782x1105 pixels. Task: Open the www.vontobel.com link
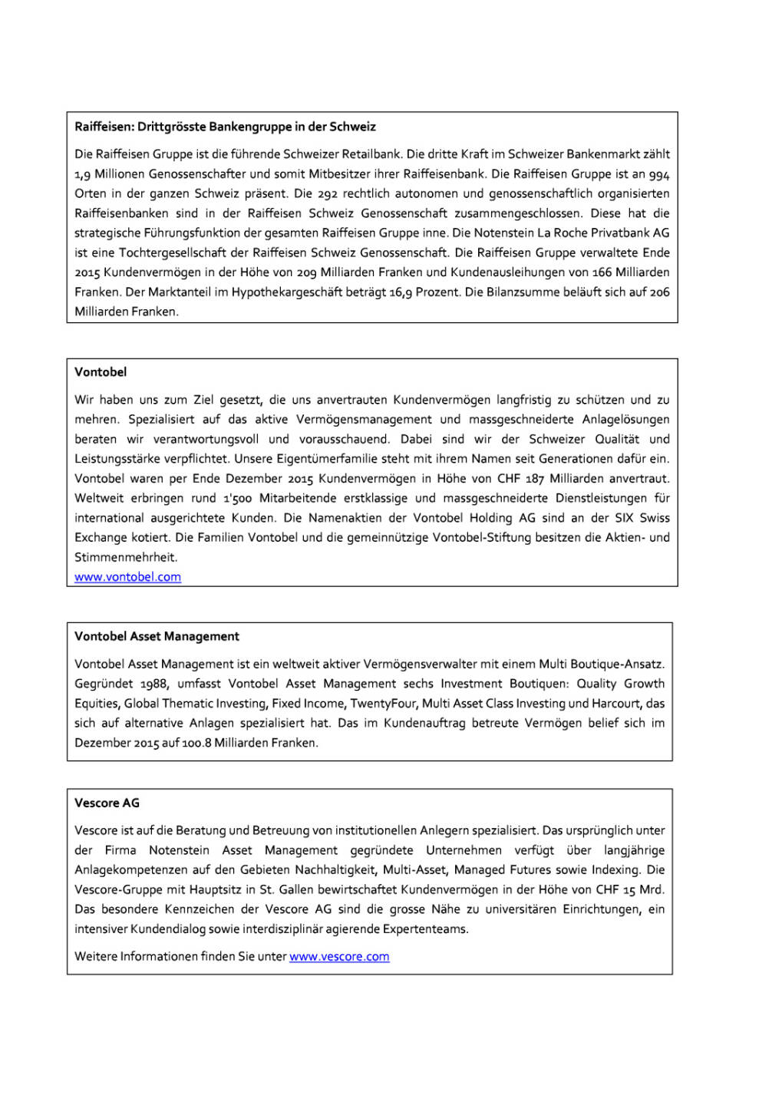pyautogui.click(x=127, y=577)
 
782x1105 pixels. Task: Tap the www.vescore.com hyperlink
pyautogui.click(x=339, y=957)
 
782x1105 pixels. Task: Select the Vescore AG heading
pyautogui.click(x=107, y=803)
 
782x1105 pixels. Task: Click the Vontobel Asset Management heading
pyautogui.click(x=157, y=636)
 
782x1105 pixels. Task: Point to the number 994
pyautogui.click(x=659, y=174)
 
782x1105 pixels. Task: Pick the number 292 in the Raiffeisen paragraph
pyautogui.click(x=328, y=193)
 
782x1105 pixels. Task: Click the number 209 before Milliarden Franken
pyautogui.click(x=307, y=272)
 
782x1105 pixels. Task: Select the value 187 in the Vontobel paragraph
pyautogui.click(x=535, y=479)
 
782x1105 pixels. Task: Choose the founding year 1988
pyautogui.click(x=153, y=684)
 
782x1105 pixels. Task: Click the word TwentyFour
pyautogui.click(x=382, y=704)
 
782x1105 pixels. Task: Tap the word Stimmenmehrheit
pyautogui.click(x=125, y=558)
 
